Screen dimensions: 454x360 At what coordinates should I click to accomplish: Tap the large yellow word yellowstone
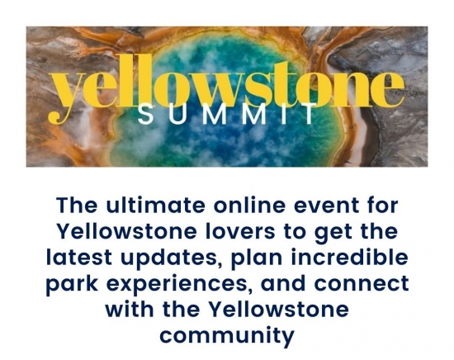[226, 87]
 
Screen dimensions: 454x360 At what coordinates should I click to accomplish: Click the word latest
[79, 258]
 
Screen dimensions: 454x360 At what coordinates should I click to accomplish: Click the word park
[72, 285]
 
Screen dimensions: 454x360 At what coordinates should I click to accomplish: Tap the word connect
[362, 284]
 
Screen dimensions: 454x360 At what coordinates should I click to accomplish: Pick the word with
[130, 310]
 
